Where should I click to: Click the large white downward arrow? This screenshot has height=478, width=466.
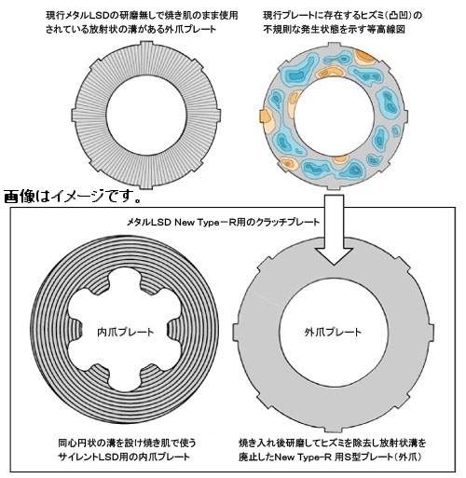coord(334,230)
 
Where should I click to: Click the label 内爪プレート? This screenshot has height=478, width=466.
coord(125,333)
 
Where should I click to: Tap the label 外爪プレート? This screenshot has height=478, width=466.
coord(333,333)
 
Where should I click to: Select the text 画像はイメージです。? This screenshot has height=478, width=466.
coord(73,197)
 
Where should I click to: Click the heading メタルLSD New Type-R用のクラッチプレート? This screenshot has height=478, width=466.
coord(223,223)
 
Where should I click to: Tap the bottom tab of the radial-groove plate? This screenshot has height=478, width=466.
coord(146,184)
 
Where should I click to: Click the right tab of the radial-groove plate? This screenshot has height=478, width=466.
coord(217,116)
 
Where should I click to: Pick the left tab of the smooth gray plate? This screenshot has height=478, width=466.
coord(237,332)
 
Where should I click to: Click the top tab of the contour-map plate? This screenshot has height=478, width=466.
coord(333,46)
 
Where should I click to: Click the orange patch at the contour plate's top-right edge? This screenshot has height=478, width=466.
coord(365,57)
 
